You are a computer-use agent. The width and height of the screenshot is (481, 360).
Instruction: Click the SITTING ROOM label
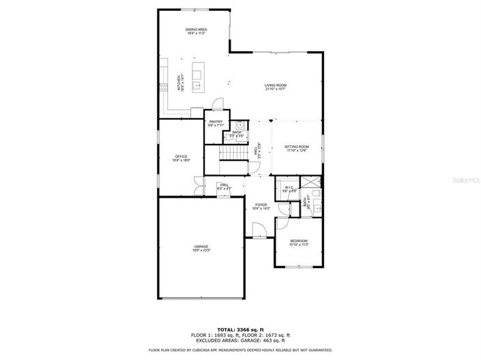point(296,148)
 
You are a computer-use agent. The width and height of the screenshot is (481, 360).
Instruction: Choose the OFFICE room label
point(181,158)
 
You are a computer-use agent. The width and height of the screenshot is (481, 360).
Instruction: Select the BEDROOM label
point(299,242)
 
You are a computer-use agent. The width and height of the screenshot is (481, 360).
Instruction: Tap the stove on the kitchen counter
point(164,87)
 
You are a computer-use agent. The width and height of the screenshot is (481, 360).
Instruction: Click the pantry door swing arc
point(216,104)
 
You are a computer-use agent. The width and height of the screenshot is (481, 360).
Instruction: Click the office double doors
point(199,185)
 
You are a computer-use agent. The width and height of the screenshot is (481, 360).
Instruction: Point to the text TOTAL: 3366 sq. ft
point(240,329)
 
